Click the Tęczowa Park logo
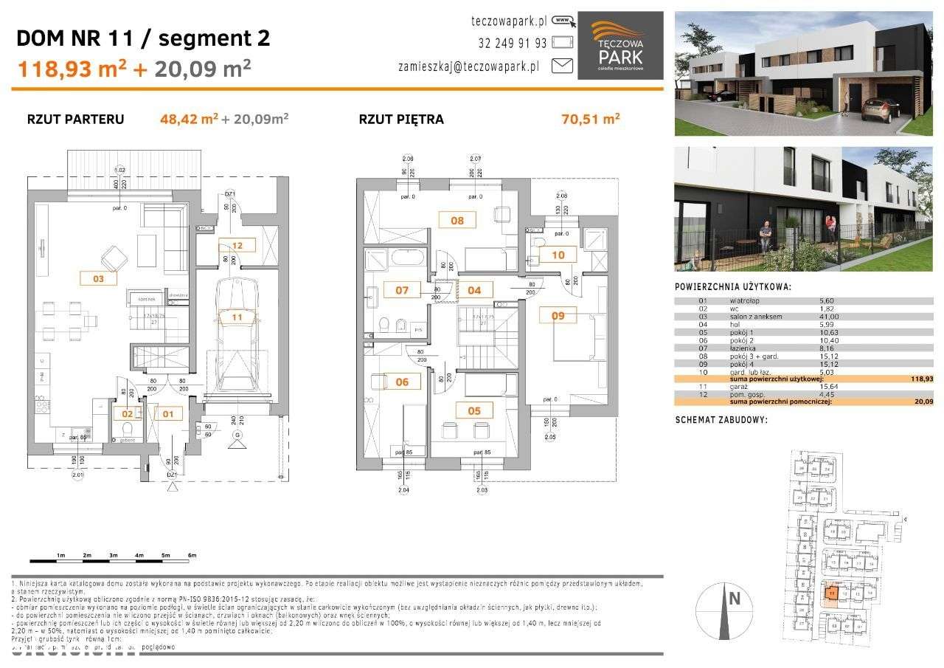click(x=619, y=45)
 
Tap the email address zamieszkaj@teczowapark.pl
click(x=468, y=66)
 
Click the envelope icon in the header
click(x=562, y=66)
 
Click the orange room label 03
click(x=99, y=278)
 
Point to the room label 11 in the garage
click(x=237, y=317)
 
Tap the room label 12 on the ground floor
click(x=237, y=246)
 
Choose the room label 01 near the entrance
click(x=169, y=414)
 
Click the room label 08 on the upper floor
click(x=457, y=220)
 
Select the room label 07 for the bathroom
click(x=402, y=290)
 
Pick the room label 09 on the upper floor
click(x=558, y=316)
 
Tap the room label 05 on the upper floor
click(x=473, y=410)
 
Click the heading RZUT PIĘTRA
click(x=401, y=119)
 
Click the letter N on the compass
click(x=734, y=599)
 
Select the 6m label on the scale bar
click(x=192, y=555)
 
